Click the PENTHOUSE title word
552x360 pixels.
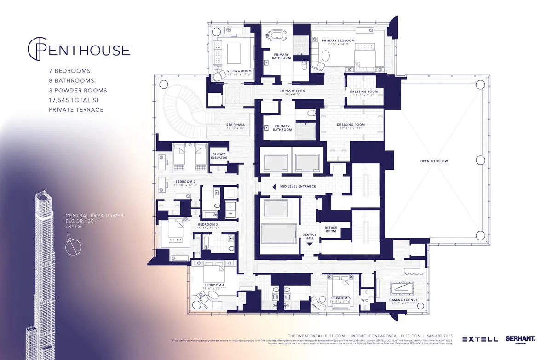[87, 50]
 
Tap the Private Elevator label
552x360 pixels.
[219, 156]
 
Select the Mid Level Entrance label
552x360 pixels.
[298, 186]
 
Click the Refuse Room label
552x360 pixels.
[331, 229]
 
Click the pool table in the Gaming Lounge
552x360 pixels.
[403, 287]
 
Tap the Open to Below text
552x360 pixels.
[433, 161]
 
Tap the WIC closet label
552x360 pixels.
[365, 300]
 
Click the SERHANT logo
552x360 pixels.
[520, 339]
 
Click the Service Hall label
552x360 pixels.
[310, 236]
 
